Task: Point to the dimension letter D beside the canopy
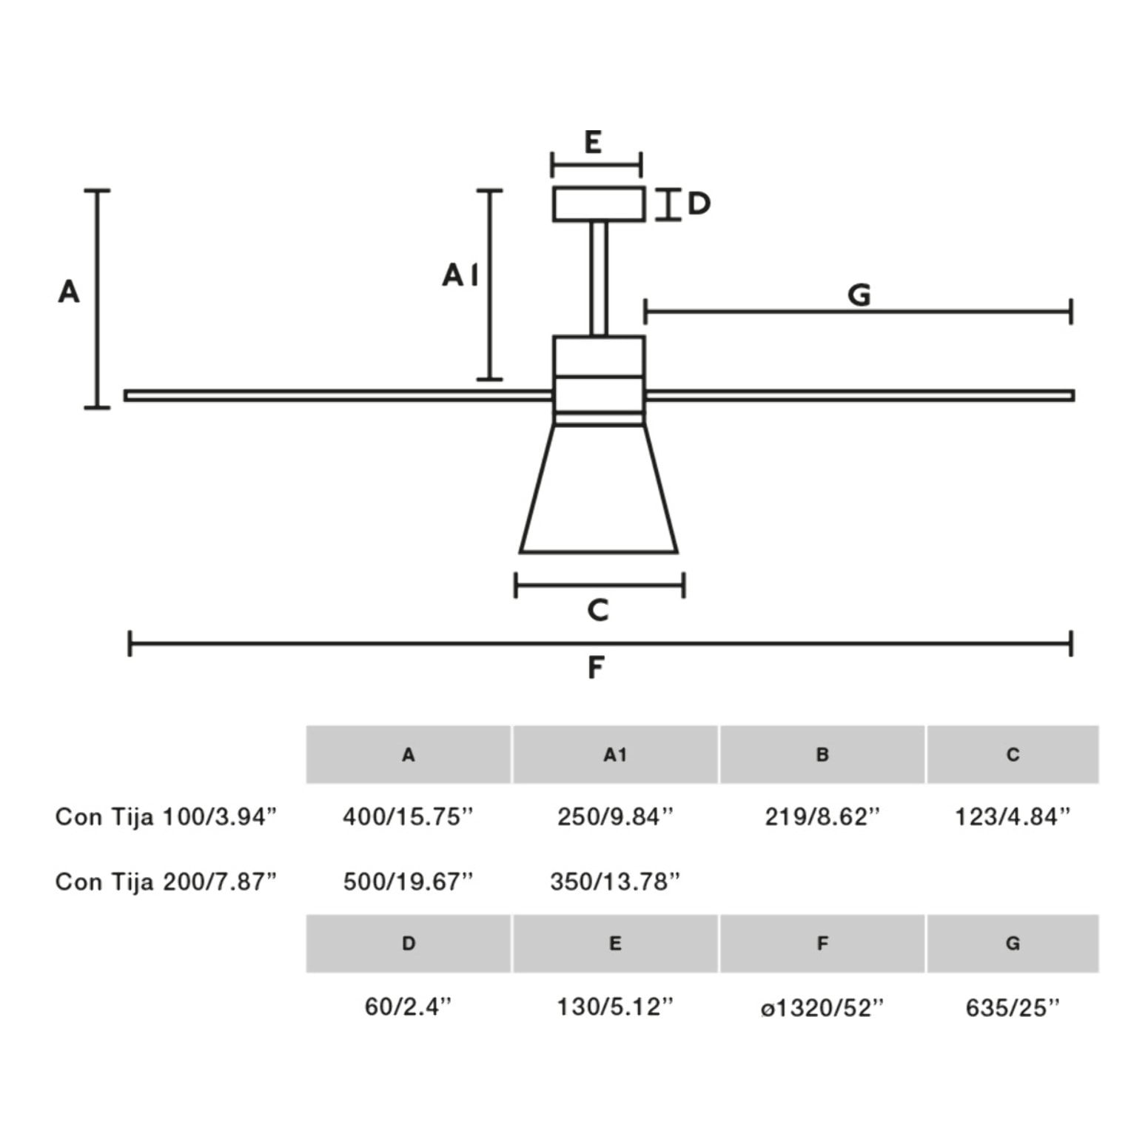[699, 203]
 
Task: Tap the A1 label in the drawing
[460, 275]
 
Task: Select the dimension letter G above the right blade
[859, 295]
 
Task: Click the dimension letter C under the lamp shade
[598, 610]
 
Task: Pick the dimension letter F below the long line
[596, 668]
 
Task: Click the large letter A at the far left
[69, 292]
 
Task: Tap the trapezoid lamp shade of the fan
[599, 489]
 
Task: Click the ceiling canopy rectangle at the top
[599, 204]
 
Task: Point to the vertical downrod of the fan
[599, 279]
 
